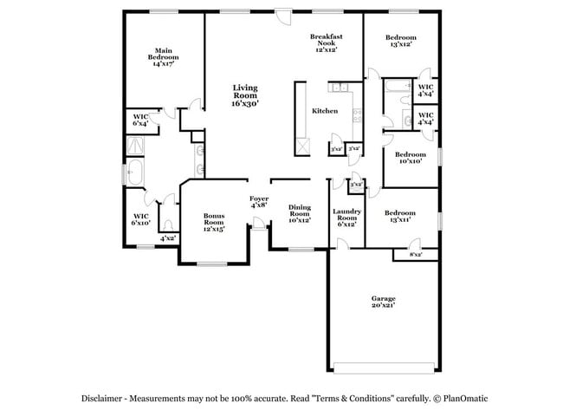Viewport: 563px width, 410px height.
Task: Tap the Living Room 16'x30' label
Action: click(x=245, y=95)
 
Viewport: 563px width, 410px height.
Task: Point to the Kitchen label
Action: click(x=325, y=111)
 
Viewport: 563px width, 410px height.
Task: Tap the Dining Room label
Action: click(x=300, y=213)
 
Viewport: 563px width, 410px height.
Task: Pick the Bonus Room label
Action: click(x=214, y=223)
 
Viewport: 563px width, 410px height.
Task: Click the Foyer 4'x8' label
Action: click(x=259, y=203)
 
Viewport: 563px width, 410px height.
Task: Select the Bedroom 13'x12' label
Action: click(x=400, y=42)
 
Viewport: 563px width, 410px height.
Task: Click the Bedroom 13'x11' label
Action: click(x=400, y=217)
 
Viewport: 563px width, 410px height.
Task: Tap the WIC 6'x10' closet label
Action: click(x=140, y=219)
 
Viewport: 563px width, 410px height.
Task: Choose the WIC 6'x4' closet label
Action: click(x=140, y=120)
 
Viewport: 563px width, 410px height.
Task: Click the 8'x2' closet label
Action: click(x=415, y=254)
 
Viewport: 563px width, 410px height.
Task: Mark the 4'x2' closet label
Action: click(x=167, y=238)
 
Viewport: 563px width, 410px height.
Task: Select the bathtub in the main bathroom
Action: click(x=136, y=173)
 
